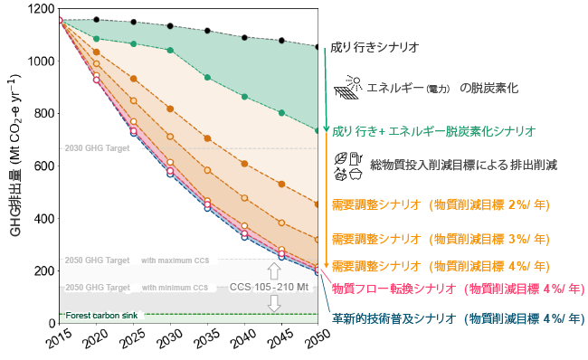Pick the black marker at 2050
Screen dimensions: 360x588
pyautogui.click(x=318, y=47)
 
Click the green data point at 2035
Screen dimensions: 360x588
pyautogui.click(x=207, y=78)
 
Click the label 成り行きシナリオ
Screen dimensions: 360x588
pyautogui.click(x=374, y=46)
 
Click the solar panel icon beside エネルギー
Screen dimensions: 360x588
pyautogui.click(x=348, y=88)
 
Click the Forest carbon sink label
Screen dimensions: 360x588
pyautogui.click(x=101, y=315)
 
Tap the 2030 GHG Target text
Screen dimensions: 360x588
pyautogui.click(x=97, y=147)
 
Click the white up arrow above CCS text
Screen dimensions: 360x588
pyautogui.click(x=274, y=270)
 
